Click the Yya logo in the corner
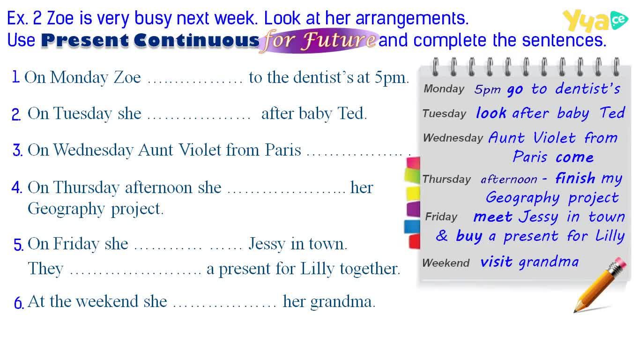tap(595, 21)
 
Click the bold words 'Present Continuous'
tap(150, 40)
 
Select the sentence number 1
tap(16, 77)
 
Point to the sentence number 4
tap(17, 187)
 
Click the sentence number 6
tap(19, 303)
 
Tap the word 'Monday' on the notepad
tap(444, 89)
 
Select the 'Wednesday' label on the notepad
tap(453, 138)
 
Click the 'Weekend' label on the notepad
tap(446, 262)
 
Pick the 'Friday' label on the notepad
tap(441, 217)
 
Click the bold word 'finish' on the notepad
tap(575, 178)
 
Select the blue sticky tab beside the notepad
tap(412, 227)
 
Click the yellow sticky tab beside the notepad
tap(413, 194)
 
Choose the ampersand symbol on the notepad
tap(442, 235)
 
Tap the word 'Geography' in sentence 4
tap(66, 209)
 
